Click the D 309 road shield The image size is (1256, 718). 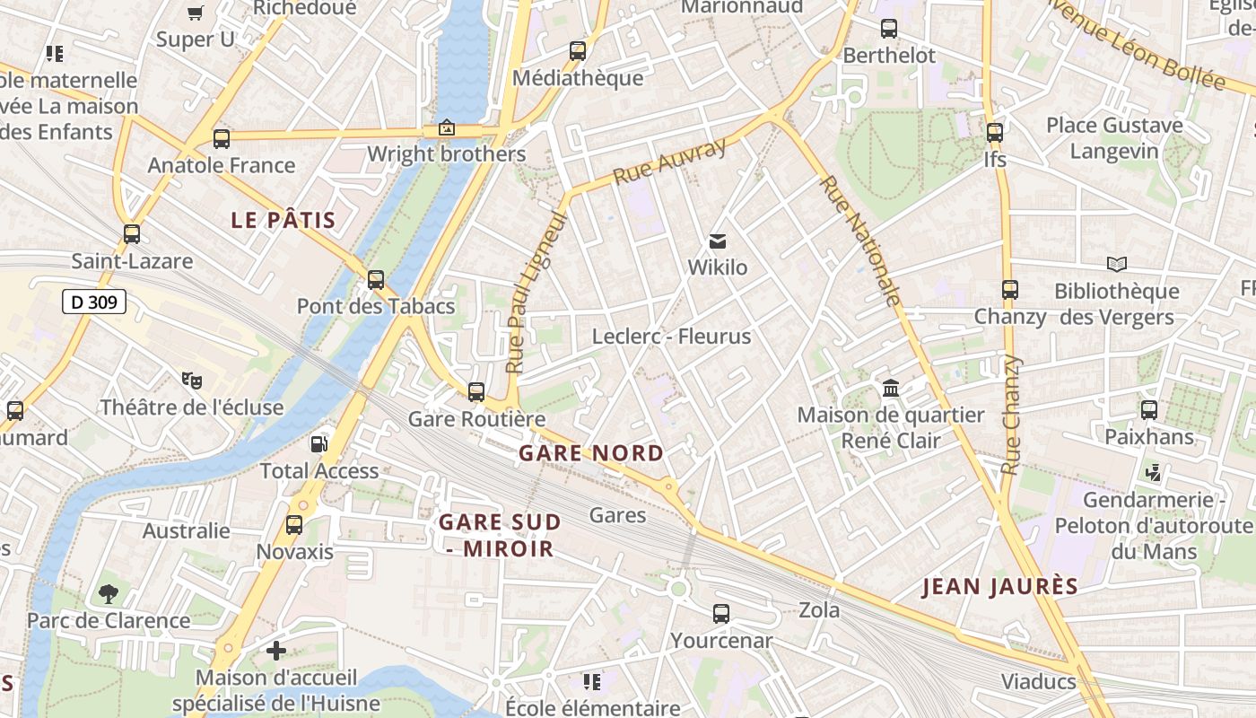click(x=94, y=302)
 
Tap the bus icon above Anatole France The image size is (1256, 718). click(x=222, y=139)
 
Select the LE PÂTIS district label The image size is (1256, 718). click(x=283, y=220)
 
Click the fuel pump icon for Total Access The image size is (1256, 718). click(x=318, y=444)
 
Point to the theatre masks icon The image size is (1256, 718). click(x=191, y=381)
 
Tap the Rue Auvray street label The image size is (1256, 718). click(x=669, y=162)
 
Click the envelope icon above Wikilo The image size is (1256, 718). click(x=717, y=241)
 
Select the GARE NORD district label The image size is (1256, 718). click(x=591, y=453)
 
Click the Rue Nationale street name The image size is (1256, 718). click(x=860, y=241)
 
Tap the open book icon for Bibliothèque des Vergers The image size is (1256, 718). click(x=1116, y=264)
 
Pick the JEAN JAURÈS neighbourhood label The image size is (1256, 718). click(x=1000, y=587)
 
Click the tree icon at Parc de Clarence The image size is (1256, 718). click(x=109, y=593)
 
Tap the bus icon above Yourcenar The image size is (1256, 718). click(x=721, y=614)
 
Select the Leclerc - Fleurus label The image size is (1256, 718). click(x=671, y=337)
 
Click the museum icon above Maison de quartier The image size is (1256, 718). click(x=891, y=389)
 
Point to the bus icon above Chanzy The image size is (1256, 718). click(x=1010, y=290)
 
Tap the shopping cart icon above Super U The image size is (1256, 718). click(x=195, y=13)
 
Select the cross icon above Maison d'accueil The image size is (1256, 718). click(x=276, y=651)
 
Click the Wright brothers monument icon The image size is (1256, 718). click(x=446, y=128)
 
